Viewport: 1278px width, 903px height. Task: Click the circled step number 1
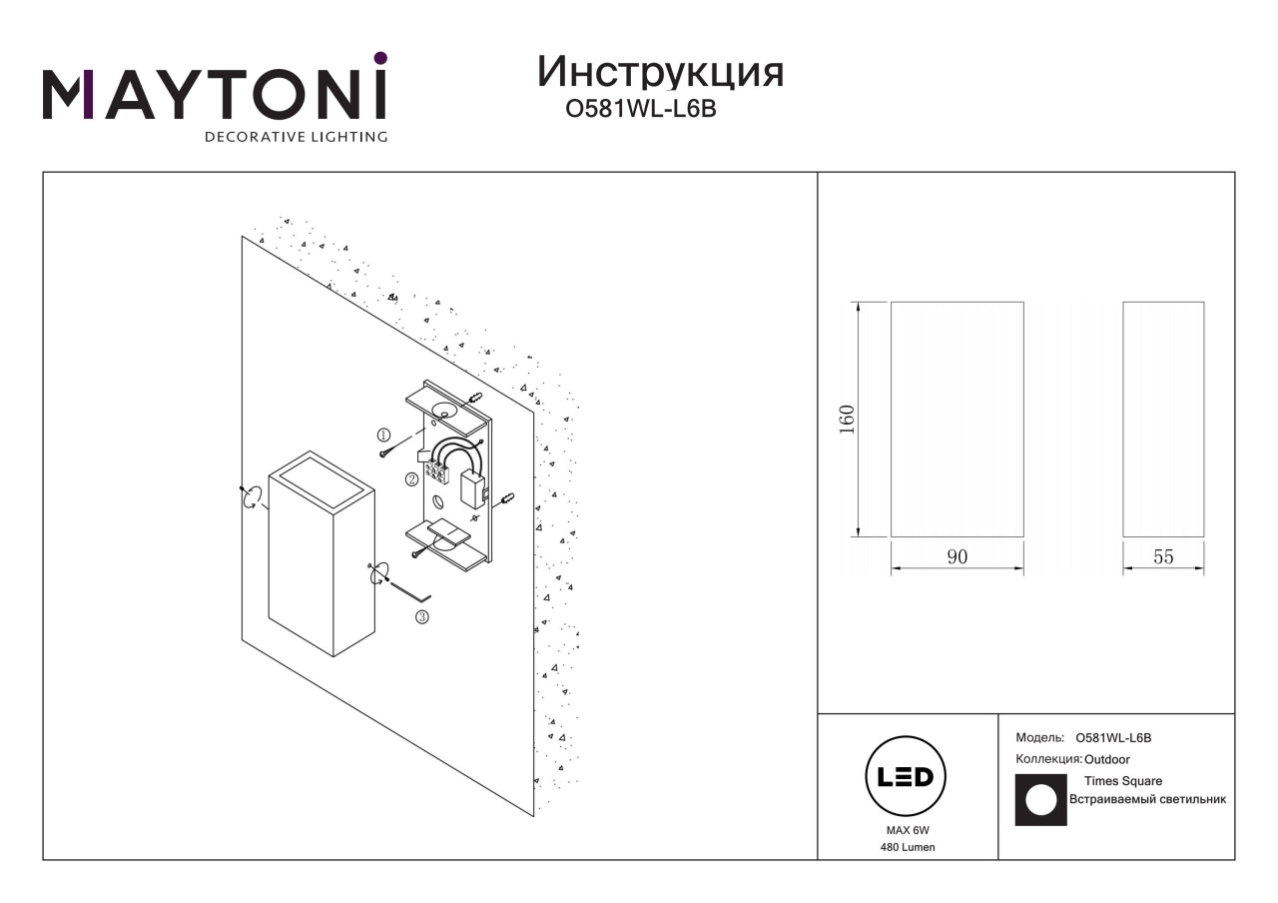tap(383, 435)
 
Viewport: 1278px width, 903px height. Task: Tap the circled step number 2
tap(411, 479)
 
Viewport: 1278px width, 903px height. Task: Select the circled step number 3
tap(421, 617)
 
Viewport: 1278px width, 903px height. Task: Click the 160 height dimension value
tap(848, 419)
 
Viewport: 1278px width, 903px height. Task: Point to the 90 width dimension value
tap(957, 556)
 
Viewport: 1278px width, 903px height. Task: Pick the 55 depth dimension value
tap(1163, 556)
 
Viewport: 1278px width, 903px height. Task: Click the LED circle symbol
tap(906, 776)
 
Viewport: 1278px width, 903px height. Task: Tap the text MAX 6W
tap(908, 830)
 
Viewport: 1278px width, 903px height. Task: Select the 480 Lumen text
tap(908, 848)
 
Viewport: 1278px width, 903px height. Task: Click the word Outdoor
tap(1107, 759)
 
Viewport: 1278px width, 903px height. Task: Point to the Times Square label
tap(1123, 781)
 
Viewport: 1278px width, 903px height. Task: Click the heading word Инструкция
tap(660, 73)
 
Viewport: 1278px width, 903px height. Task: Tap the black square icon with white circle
tap(1040, 800)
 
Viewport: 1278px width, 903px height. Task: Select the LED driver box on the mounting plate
tap(472, 489)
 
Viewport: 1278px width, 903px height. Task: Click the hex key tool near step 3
tap(410, 592)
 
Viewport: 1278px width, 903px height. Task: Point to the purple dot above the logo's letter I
tap(380, 58)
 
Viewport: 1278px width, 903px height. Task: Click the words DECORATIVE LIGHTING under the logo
tap(297, 137)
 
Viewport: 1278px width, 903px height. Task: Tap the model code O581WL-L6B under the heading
tap(641, 109)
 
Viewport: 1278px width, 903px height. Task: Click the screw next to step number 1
tap(385, 452)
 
